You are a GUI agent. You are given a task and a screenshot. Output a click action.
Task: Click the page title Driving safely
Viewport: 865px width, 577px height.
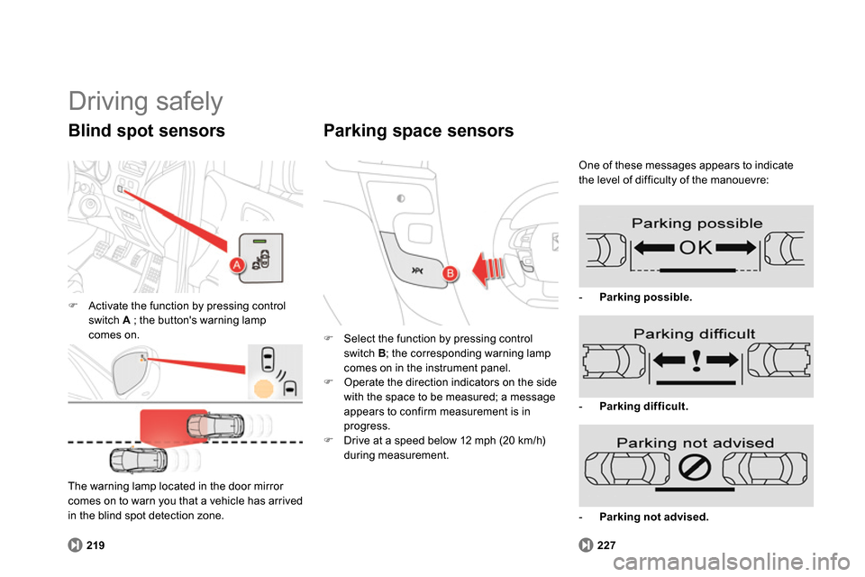pos(145,101)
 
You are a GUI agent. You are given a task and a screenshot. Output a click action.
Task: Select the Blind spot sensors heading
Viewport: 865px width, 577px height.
pos(146,131)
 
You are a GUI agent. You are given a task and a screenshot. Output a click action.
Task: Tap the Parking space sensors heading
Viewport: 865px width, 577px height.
pos(418,131)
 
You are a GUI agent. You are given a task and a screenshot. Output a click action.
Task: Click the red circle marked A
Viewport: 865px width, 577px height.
pos(237,264)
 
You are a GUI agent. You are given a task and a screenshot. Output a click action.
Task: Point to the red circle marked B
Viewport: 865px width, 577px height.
pos(450,273)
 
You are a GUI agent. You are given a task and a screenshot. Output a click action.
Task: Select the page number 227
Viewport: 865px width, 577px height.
pos(605,545)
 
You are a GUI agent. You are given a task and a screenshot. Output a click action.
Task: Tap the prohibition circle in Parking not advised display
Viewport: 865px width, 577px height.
pos(696,467)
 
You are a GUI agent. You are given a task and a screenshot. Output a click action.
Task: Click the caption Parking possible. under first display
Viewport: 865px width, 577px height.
pos(645,297)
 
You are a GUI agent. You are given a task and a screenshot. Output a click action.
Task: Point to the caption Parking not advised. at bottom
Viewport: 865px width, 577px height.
pos(653,517)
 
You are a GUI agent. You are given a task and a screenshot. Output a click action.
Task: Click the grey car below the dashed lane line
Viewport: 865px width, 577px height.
pos(138,459)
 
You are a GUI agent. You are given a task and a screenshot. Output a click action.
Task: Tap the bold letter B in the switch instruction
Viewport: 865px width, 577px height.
pos(382,353)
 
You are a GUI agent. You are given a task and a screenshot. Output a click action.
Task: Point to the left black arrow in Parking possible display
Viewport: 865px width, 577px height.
pos(647,245)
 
